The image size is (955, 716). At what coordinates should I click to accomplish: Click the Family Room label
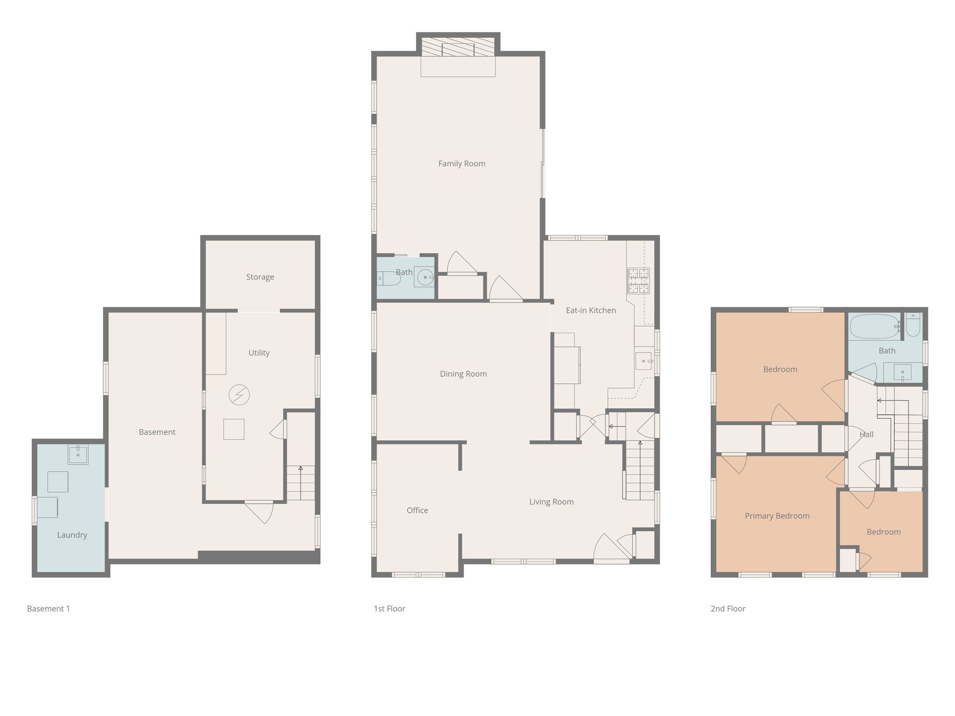[462, 164]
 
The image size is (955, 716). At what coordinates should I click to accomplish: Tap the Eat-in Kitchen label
[591, 310]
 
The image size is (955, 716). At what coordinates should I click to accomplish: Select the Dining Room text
[463, 374]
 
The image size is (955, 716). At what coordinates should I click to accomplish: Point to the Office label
[417, 510]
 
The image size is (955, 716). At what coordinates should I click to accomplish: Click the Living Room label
[551, 502]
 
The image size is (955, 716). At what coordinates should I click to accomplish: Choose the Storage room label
[260, 277]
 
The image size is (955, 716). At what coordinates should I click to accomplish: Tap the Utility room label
[259, 353]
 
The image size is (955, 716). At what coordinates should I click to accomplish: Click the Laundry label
[72, 535]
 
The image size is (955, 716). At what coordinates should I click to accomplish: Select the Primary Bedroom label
[777, 516]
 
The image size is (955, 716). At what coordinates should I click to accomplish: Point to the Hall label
[866, 434]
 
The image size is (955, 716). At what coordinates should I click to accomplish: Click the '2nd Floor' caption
[728, 609]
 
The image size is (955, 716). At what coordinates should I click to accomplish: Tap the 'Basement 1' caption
[48, 609]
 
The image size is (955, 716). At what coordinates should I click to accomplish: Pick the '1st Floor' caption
[389, 609]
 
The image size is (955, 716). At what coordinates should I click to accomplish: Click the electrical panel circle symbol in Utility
[239, 395]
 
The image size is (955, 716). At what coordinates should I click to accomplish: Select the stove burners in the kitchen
[638, 281]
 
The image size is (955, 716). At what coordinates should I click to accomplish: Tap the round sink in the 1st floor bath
[425, 277]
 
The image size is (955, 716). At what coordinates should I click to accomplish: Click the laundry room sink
[78, 454]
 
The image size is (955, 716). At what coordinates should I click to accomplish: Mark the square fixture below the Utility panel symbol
[234, 429]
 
